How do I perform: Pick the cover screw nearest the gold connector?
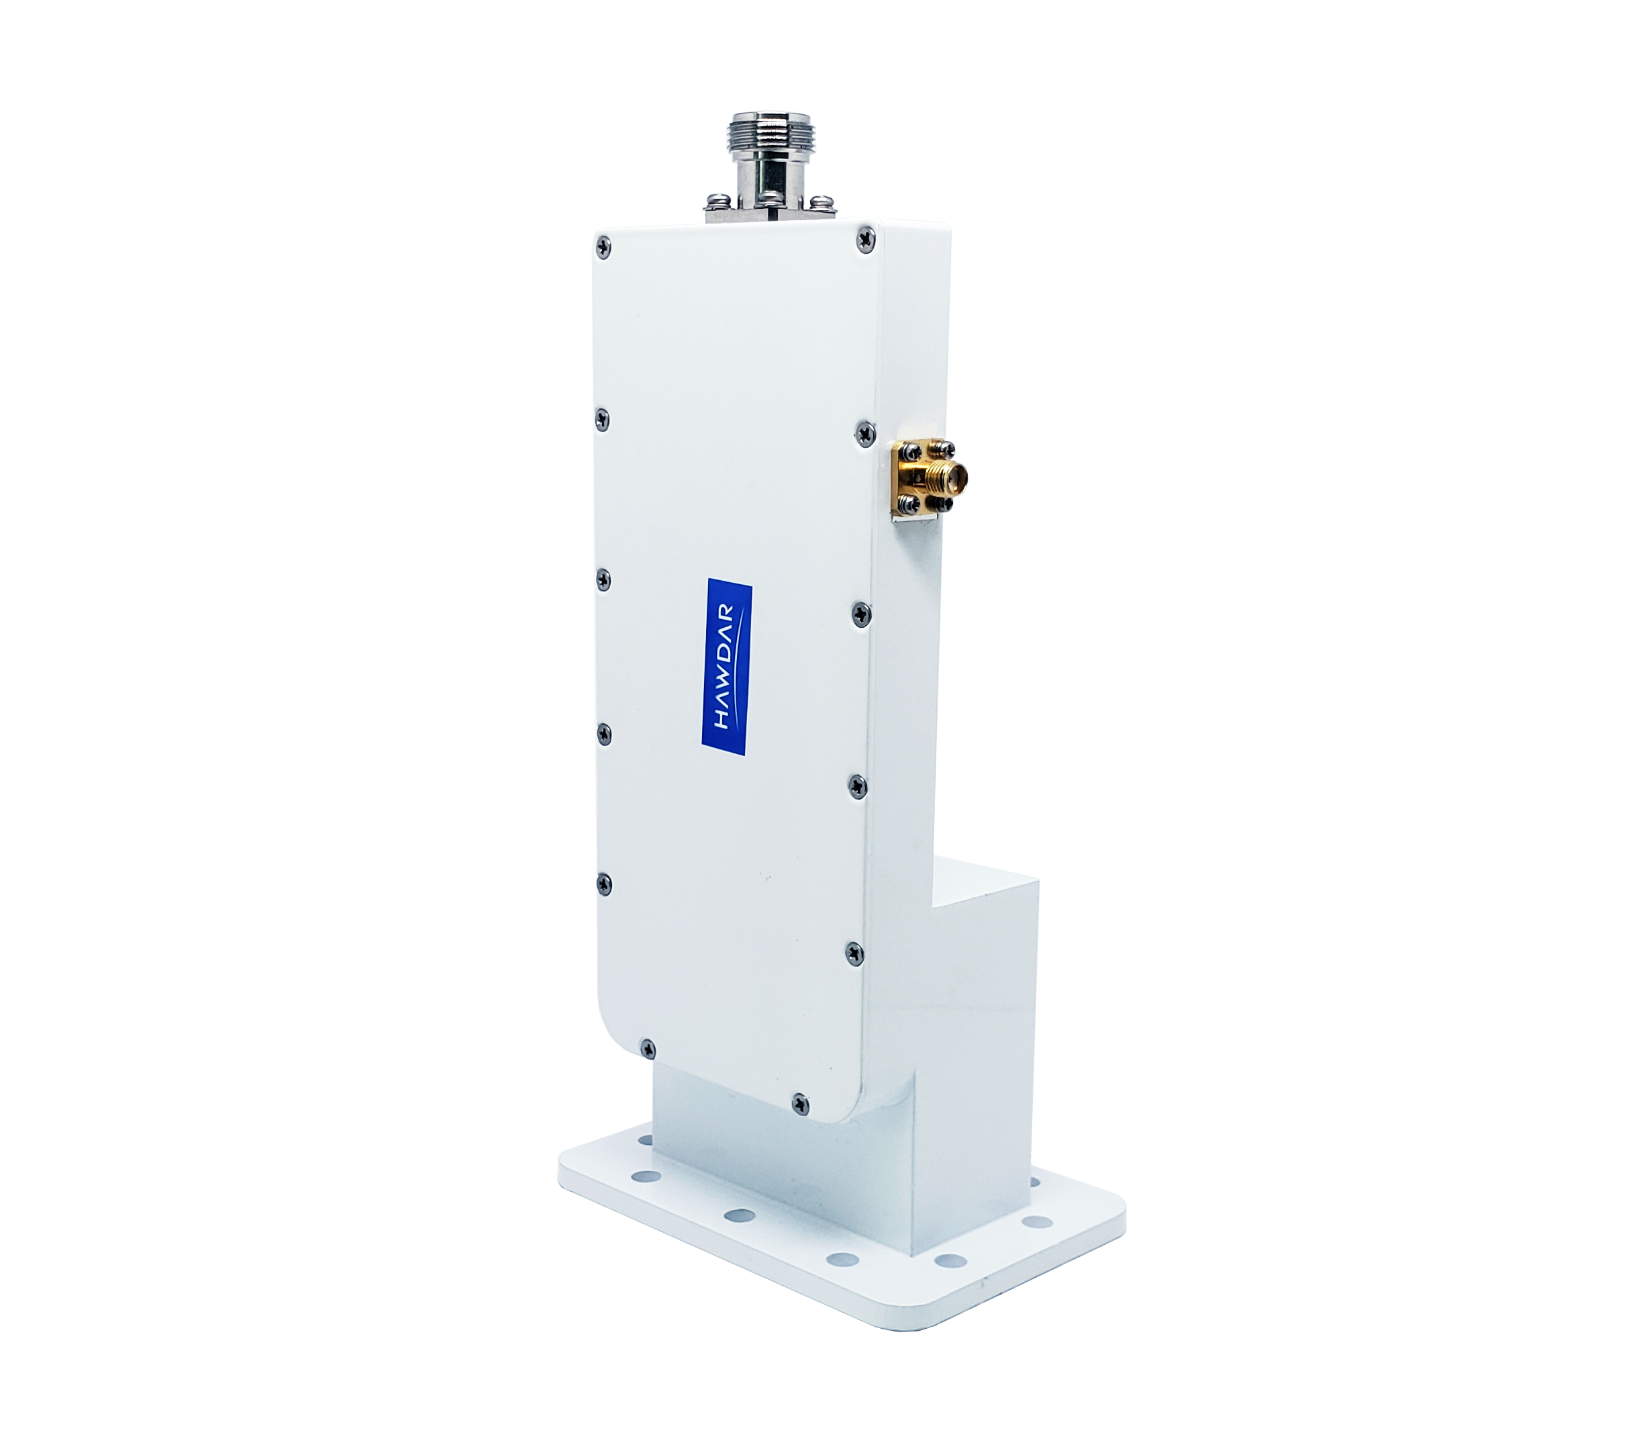(862, 432)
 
